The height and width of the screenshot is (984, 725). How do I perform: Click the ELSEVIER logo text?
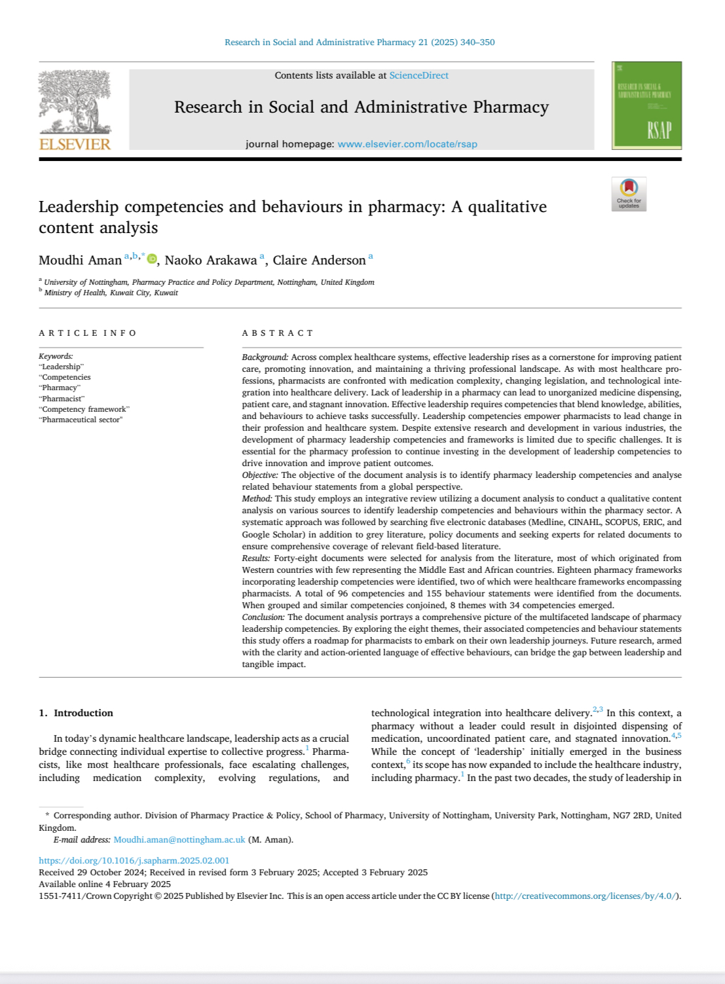pos(75,144)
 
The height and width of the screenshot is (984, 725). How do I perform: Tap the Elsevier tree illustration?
pos(74,101)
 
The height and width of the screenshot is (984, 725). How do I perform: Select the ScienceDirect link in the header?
pos(418,75)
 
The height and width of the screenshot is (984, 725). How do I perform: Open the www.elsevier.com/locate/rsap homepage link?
pos(407,144)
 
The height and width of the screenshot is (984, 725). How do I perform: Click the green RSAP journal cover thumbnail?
pos(646,105)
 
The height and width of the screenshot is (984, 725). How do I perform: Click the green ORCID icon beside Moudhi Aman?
pos(152,259)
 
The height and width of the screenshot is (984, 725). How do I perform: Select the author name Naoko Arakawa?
pos(210,261)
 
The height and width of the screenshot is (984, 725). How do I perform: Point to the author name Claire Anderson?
pos(319,261)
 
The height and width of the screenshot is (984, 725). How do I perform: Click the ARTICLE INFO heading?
pos(88,333)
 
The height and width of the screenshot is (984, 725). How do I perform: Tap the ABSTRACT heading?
pos(278,333)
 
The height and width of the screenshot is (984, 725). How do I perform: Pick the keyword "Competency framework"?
pos(84,409)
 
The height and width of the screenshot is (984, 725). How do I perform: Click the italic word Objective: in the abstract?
pos(260,475)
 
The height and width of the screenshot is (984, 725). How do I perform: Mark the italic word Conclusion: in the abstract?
pos(263,617)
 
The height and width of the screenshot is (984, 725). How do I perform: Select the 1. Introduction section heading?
pos(76,713)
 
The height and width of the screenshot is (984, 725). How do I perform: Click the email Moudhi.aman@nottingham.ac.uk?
pos(179,839)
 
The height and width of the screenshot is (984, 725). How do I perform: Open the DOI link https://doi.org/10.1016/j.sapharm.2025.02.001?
pos(134,860)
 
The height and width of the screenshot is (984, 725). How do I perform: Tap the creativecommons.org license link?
pos(586,896)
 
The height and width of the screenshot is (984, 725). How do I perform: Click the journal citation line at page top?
pos(360,43)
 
